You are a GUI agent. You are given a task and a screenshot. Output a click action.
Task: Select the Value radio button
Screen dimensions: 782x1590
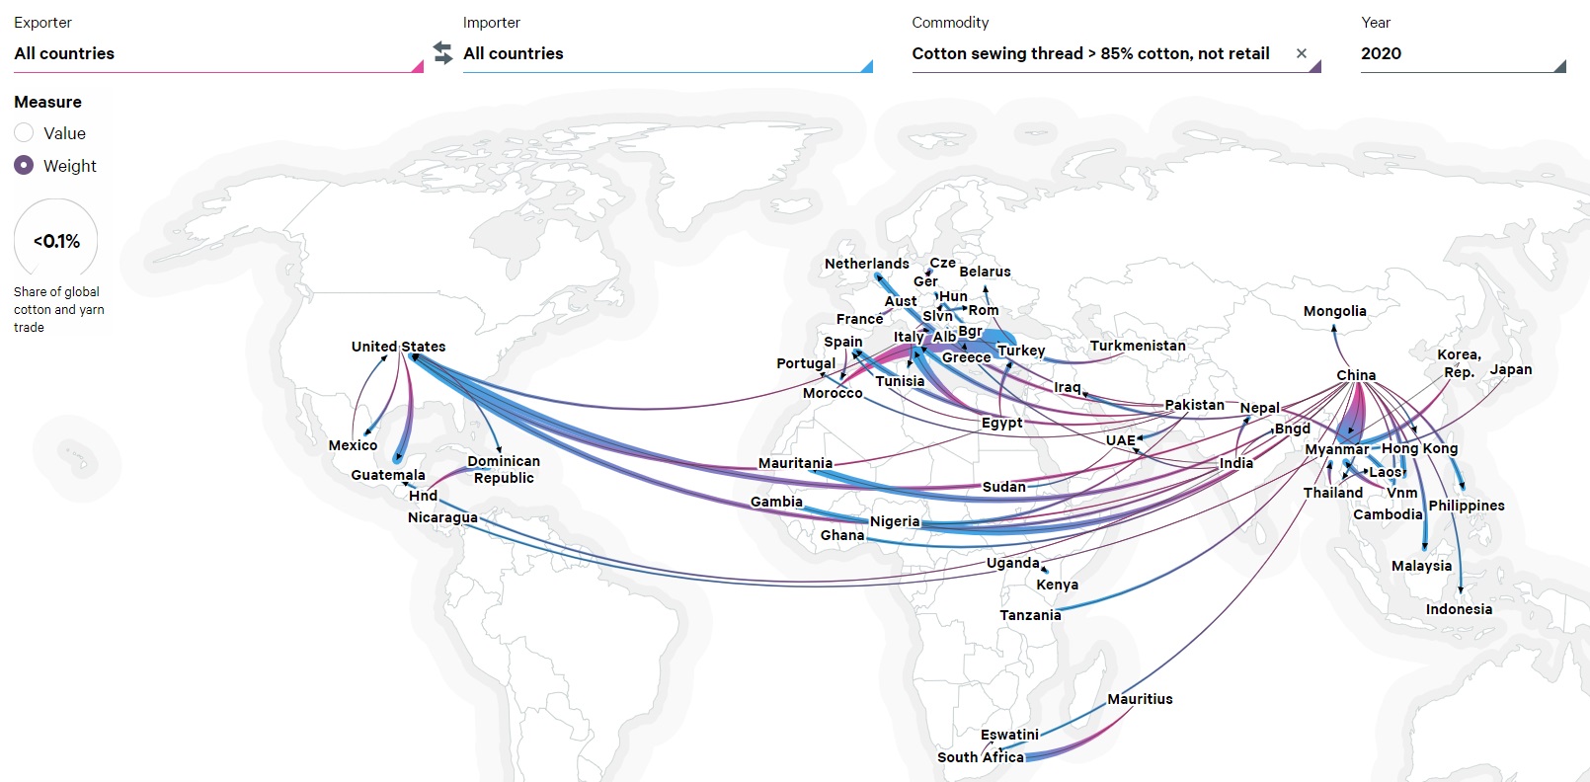pyautogui.click(x=25, y=133)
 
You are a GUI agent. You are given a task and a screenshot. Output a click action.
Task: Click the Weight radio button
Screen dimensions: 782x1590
pyautogui.click(x=25, y=166)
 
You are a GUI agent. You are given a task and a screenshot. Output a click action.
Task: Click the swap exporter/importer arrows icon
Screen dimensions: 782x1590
pyautogui.click(x=442, y=52)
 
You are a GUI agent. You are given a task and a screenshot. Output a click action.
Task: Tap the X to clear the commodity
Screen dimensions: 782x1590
pyautogui.click(x=1302, y=53)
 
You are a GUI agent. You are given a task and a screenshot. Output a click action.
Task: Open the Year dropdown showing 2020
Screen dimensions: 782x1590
pyautogui.click(x=1462, y=53)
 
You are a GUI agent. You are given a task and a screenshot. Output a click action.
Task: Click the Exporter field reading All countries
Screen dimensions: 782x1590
pyautogui.click(x=217, y=53)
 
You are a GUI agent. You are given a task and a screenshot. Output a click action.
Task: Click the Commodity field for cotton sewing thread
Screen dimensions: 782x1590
pyautogui.click(x=1090, y=53)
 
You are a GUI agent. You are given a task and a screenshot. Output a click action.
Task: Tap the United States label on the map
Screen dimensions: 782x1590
pyautogui.click(x=398, y=347)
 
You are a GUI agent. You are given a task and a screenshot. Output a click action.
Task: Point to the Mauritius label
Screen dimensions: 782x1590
pyautogui.click(x=1140, y=699)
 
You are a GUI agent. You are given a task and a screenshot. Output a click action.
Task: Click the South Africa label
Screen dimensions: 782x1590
pyautogui.click(x=980, y=757)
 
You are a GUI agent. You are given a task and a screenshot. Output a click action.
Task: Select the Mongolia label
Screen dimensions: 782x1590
pyautogui.click(x=1334, y=311)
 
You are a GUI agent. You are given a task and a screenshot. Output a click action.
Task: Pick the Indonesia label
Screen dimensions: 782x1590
pyautogui.click(x=1459, y=609)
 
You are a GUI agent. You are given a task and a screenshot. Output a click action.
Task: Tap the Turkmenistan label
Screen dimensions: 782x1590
pyautogui.click(x=1138, y=346)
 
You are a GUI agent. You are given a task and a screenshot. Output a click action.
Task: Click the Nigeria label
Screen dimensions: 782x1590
pyautogui.click(x=895, y=521)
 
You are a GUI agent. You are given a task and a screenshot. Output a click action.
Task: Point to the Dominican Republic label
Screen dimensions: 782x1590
pyautogui.click(x=504, y=469)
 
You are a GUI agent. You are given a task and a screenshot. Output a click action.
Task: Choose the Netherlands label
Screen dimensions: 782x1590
pyautogui.click(x=866, y=264)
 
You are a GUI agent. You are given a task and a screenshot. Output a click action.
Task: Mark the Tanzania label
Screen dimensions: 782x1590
pyautogui.click(x=1030, y=615)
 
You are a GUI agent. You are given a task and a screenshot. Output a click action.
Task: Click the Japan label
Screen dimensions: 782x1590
pyautogui.click(x=1511, y=369)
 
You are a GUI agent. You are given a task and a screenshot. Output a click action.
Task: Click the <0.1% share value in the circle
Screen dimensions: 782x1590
pyautogui.click(x=56, y=241)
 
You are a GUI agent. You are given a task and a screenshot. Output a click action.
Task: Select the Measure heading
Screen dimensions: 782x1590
pyautogui.click(x=47, y=102)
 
